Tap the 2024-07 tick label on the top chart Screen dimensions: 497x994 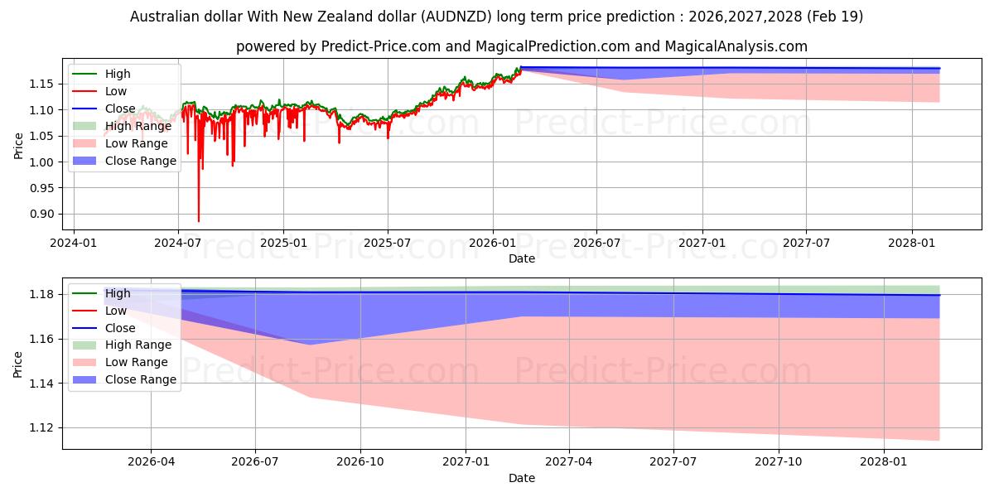pos(178,244)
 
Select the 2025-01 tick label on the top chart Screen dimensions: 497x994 pos(283,244)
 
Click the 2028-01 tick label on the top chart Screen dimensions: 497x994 pos(912,244)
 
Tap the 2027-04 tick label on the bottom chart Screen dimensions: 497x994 pos(569,462)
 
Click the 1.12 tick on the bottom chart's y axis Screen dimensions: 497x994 pos(45,428)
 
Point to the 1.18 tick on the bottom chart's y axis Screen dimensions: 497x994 pos(45,295)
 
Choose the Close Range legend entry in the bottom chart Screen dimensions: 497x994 pos(140,379)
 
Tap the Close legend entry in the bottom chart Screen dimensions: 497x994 pos(120,328)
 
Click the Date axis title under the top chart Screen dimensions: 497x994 pos(522,258)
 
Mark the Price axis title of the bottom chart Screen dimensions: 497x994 pos(18,364)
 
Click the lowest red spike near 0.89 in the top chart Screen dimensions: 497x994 pos(198,220)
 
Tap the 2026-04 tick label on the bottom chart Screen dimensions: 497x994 pos(151,462)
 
